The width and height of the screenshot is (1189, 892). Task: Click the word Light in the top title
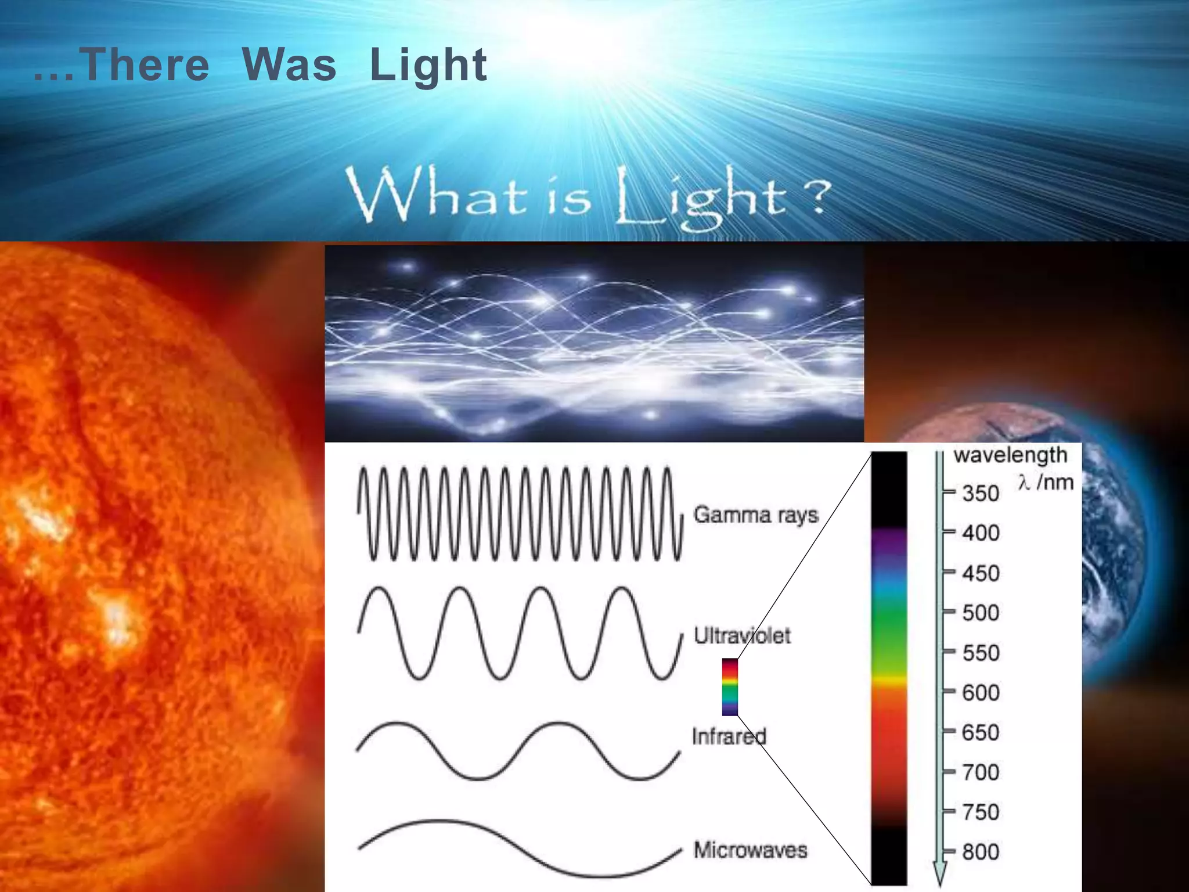(x=428, y=66)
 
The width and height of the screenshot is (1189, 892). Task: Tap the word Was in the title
(x=289, y=64)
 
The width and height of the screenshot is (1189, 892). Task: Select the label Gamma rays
(x=756, y=515)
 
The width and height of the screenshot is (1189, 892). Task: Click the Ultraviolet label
(x=742, y=635)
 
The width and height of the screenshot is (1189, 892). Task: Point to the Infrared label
(x=729, y=736)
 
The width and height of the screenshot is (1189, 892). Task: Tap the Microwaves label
(x=750, y=850)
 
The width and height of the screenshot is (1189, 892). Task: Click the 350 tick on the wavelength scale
(x=980, y=494)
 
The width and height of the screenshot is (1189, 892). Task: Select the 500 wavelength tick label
(x=980, y=613)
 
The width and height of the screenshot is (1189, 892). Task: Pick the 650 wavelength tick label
(x=980, y=733)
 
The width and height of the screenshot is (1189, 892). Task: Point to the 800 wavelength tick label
(x=980, y=853)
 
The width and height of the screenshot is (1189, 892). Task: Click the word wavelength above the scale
(x=1010, y=455)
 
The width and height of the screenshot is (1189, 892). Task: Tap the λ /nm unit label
(x=1046, y=482)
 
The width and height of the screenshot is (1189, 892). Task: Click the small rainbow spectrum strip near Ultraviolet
(x=730, y=686)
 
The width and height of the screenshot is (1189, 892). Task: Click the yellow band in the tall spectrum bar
(x=889, y=679)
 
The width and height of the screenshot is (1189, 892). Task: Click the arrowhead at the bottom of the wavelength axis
(x=939, y=874)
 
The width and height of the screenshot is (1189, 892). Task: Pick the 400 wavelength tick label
(x=980, y=533)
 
